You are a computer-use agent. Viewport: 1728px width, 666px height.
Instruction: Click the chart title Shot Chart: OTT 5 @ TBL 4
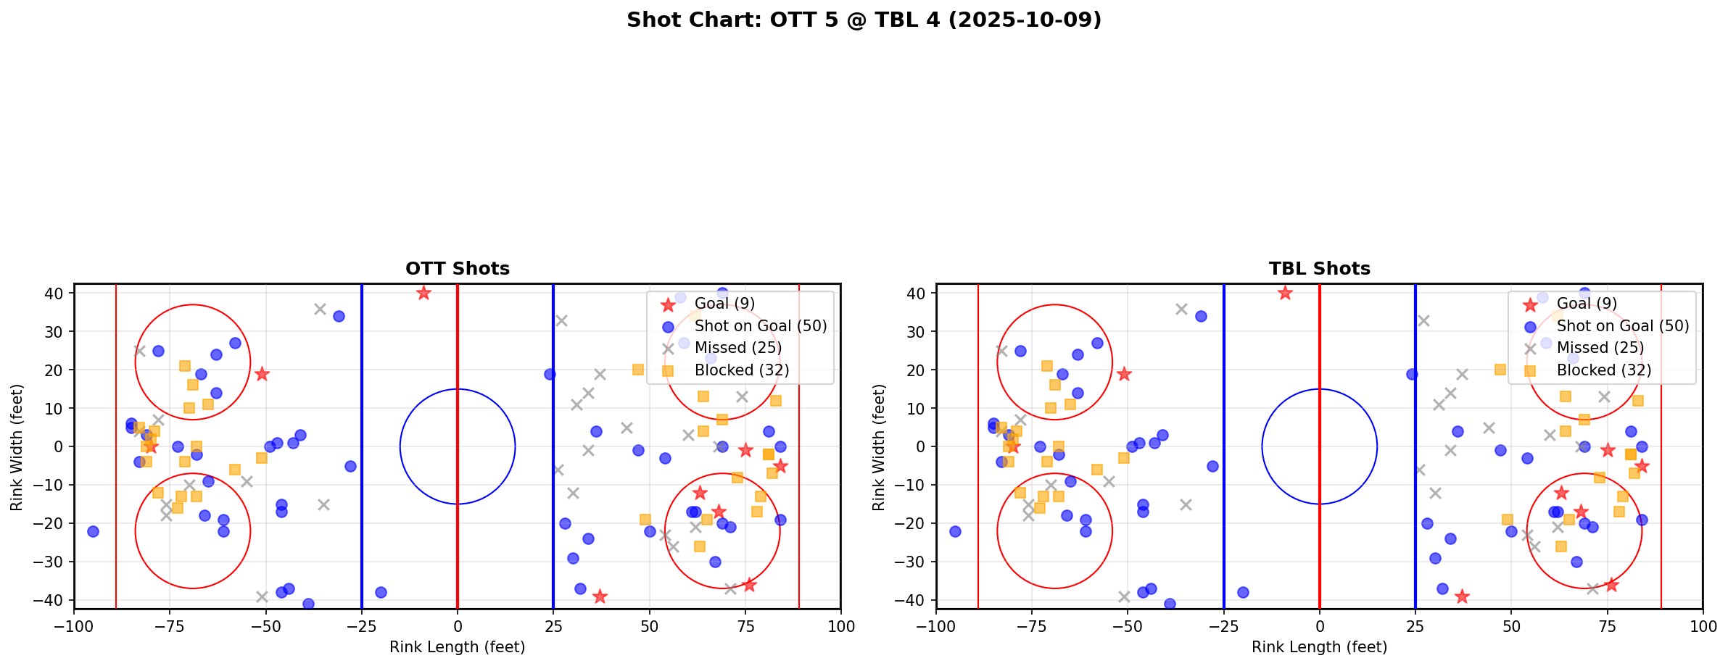click(x=864, y=20)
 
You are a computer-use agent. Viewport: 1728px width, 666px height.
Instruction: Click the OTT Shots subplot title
click(x=458, y=269)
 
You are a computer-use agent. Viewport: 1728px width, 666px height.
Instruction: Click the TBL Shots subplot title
click(x=1319, y=269)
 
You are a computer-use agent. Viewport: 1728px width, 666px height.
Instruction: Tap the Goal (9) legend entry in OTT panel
click(x=724, y=304)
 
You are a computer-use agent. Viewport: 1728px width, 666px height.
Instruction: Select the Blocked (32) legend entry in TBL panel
click(x=1603, y=370)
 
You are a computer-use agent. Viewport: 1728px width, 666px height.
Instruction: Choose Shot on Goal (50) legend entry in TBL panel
click(x=1622, y=326)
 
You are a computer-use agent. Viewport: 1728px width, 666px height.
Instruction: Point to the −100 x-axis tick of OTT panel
click(x=74, y=626)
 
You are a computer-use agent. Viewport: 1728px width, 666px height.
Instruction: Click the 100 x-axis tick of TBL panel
click(x=1702, y=626)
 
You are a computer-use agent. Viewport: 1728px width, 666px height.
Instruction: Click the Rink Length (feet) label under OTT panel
click(x=458, y=647)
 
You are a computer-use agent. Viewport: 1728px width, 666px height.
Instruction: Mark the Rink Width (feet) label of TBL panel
click(x=879, y=447)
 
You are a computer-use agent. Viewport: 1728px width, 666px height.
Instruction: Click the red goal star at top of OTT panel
click(x=423, y=294)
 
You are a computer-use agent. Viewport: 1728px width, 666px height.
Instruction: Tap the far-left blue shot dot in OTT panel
click(x=93, y=531)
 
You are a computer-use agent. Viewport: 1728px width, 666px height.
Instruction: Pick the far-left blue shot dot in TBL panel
click(x=955, y=531)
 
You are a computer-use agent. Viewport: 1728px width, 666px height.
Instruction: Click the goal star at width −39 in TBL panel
click(x=1462, y=596)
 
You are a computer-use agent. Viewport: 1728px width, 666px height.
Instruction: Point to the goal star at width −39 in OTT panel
click(x=600, y=596)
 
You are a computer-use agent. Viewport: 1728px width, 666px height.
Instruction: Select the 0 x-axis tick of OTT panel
click(x=458, y=626)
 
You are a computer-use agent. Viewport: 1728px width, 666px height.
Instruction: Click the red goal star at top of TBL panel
click(x=1285, y=294)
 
